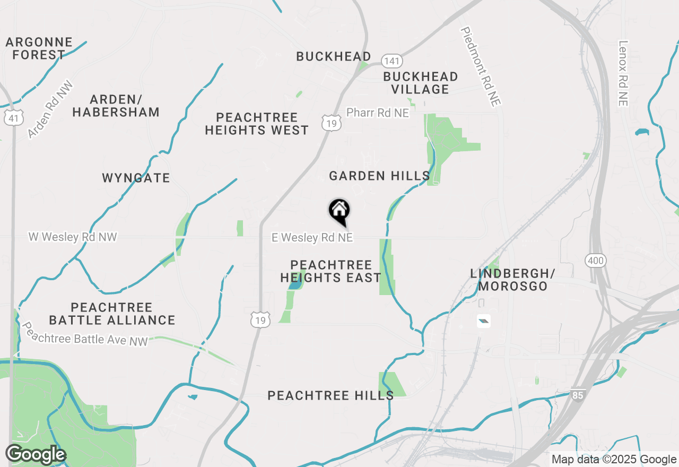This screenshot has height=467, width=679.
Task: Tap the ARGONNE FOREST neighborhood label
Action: pyautogui.click(x=39, y=48)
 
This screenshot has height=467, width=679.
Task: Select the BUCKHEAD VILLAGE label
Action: pyautogui.click(x=421, y=83)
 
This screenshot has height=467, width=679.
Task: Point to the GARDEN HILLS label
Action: pyautogui.click(x=379, y=176)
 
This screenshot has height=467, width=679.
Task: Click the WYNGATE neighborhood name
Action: pyautogui.click(x=136, y=178)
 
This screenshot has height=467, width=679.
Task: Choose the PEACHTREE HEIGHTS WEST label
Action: pyautogui.click(x=257, y=124)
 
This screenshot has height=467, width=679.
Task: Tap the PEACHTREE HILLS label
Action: pyautogui.click(x=330, y=395)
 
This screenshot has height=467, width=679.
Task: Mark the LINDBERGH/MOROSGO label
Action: pyautogui.click(x=512, y=280)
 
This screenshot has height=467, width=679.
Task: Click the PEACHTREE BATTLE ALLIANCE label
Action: pyautogui.click(x=112, y=314)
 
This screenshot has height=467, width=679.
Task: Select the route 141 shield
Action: pyautogui.click(x=391, y=61)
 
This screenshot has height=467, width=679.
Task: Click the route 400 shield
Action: pyautogui.click(x=596, y=260)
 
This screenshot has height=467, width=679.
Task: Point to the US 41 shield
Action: pyautogui.click(x=13, y=118)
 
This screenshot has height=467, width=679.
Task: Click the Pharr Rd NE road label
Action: pyautogui.click(x=378, y=113)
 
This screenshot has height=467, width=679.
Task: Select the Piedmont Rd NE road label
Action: pyautogui.click(x=481, y=67)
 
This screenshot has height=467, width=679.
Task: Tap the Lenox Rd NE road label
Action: pyautogui.click(x=623, y=74)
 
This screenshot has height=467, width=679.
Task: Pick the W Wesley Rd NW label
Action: pyautogui.click(x=73, y=237)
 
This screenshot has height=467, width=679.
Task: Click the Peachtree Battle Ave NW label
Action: pyautogui.click(x=85, y=334)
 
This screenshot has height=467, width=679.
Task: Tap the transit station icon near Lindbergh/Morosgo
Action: pyautogui.click(x=483, y=321)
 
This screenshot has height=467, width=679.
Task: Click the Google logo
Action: pyautogui.click(x=36, y=455)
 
